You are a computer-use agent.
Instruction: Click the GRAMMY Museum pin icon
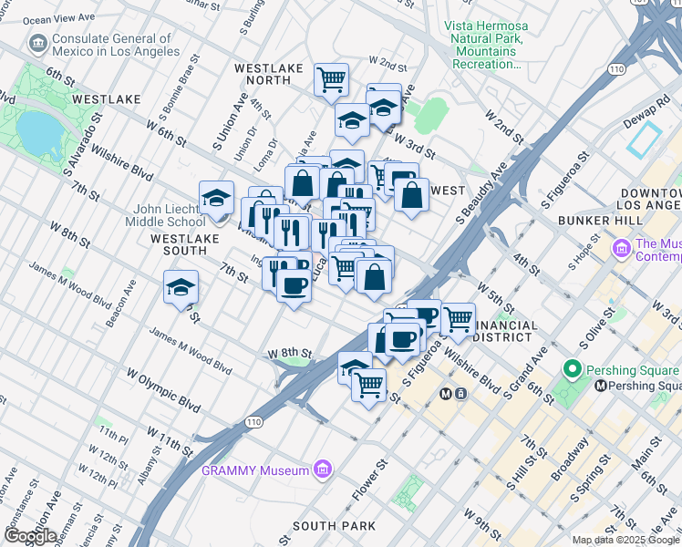coord(320,470)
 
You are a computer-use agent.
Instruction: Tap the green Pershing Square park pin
coord(573,370)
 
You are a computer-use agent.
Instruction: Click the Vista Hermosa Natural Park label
coord(484,40)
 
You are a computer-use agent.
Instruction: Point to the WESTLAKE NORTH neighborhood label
coord(263,74)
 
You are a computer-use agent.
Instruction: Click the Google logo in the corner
coord(29,536)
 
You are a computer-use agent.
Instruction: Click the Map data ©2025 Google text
coord(625,540)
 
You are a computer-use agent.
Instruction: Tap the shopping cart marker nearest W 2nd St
coord(331,79)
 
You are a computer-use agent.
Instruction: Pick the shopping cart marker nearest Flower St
coord(368,386)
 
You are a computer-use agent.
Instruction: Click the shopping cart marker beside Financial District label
coord(458,319)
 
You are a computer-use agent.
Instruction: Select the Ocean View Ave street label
coord(62,17)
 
